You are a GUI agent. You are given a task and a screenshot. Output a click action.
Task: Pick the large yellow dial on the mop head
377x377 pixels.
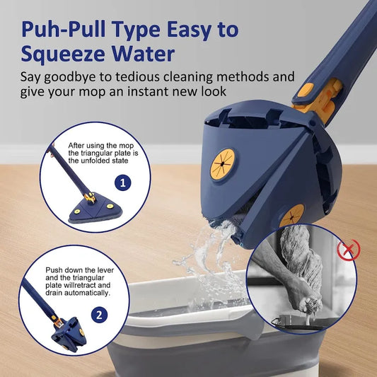(x=223, y=164)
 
